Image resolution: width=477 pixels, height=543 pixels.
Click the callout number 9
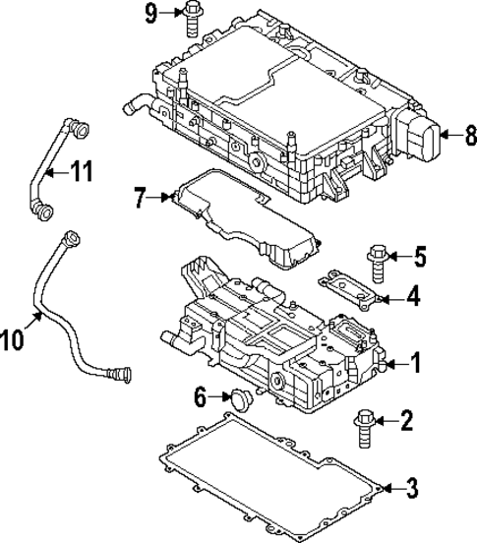[151, 13]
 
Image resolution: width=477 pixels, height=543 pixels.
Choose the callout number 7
[140, 199]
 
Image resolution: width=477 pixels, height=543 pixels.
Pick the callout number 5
[419, 259]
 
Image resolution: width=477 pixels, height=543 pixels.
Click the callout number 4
[414, 295]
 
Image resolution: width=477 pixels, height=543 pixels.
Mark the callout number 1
[415, 365]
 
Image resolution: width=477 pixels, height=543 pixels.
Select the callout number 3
[412, 487]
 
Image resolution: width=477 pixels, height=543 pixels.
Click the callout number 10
[13, 339]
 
